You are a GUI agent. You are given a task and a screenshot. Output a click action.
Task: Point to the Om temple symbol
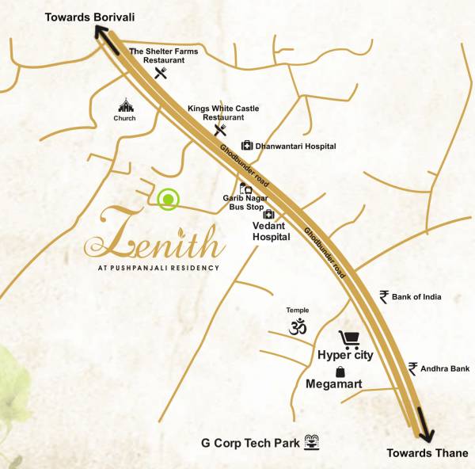tap(297, 326)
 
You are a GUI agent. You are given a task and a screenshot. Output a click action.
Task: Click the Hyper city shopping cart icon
tap(348, 340)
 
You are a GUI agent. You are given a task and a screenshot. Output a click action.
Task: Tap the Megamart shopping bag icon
tap(340, 371)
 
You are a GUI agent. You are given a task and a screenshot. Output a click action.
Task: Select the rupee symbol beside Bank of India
tap(384, 297)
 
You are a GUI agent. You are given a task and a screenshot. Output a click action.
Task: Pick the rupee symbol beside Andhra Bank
tap(412, 368)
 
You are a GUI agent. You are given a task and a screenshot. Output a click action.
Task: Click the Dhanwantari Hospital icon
tap(247, 146)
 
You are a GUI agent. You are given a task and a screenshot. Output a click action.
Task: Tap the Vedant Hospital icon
tap(268, 215)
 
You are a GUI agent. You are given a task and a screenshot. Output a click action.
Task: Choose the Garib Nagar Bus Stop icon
tap(246, 189)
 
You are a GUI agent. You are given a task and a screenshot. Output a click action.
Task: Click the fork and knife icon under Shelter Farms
tap(162, 74)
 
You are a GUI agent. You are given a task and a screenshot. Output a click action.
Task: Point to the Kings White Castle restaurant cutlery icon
tap(220, 130)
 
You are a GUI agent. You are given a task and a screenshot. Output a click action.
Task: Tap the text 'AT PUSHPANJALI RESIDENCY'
tap(152, 267)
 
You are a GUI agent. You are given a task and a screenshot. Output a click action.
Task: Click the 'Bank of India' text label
tap(422, 297)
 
